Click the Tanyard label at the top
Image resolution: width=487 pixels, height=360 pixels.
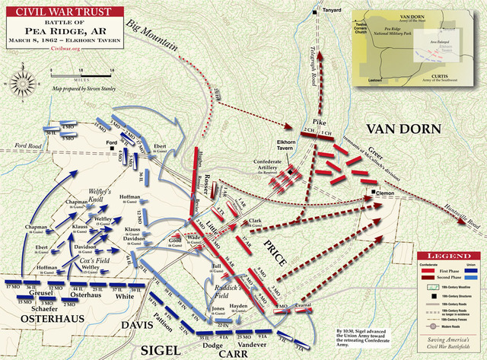(x=330, y=11)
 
